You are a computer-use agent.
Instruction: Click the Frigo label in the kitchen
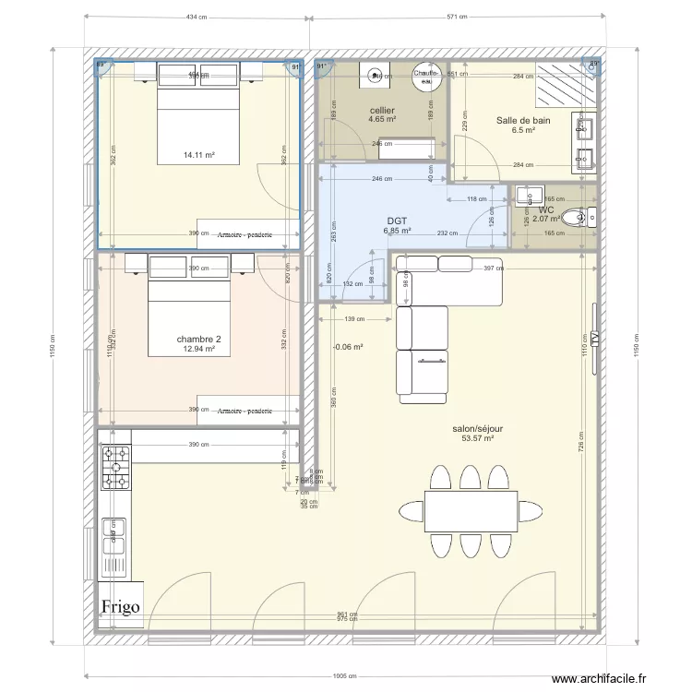[122, 606]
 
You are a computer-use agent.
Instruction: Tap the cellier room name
[382, 110]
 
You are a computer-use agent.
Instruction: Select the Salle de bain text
[523, 120]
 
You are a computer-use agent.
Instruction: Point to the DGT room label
[397, 221]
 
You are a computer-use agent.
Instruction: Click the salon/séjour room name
[477, 429]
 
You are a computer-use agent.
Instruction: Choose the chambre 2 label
[198, 339]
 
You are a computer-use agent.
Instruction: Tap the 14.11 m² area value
[198, 155]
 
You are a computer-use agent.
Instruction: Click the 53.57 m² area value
[477, 439]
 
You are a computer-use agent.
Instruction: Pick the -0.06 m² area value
[347, 348]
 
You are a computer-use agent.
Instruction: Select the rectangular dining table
[471, 511]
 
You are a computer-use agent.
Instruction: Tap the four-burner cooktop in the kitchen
[116, 467]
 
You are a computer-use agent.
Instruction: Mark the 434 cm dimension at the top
[196, 17]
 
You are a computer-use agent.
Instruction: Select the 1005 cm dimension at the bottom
[345, 675]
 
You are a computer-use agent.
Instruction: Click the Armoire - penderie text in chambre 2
[245, 410]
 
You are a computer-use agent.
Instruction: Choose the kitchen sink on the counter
[116, 545]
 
